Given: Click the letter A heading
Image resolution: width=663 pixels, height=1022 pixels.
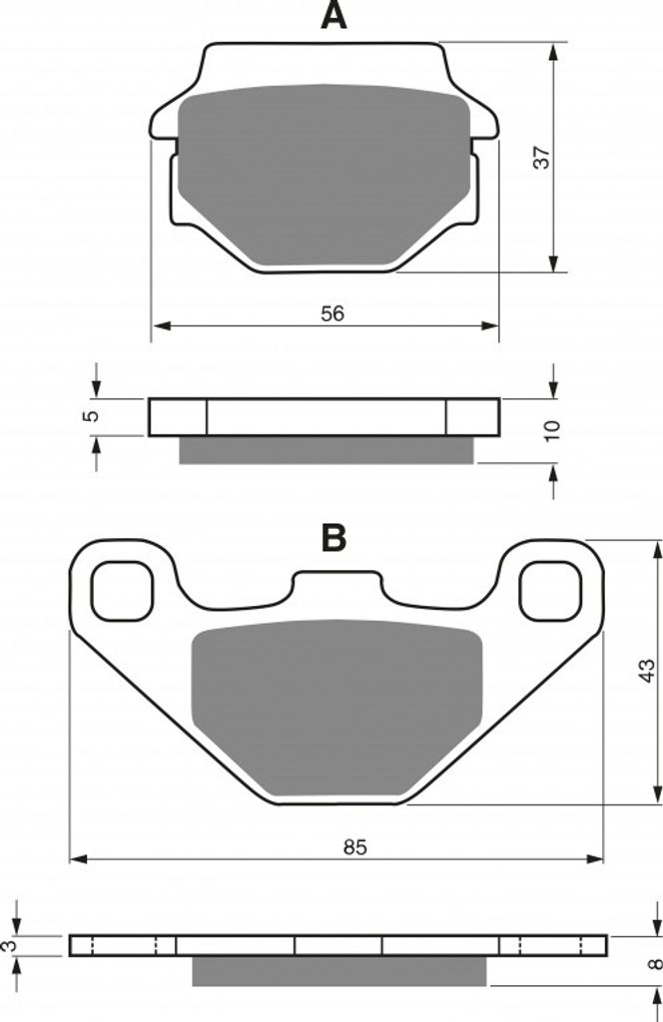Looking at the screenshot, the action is tap(333, 16).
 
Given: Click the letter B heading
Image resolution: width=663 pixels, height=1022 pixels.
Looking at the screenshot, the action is tap(333, 538).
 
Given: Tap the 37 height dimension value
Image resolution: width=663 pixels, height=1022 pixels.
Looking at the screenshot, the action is tap(542, 158).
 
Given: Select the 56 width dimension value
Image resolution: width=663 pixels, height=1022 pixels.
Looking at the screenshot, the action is tap(331, 313).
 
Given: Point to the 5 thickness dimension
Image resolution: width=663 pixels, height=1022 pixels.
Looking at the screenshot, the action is tap(93, 416).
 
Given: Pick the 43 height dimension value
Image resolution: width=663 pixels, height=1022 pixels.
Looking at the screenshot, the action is tap(645, 671).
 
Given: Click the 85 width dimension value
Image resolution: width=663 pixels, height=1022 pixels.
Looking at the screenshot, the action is tap(354, 846).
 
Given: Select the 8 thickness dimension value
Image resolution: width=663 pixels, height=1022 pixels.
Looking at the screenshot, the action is tap(656, 963).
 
